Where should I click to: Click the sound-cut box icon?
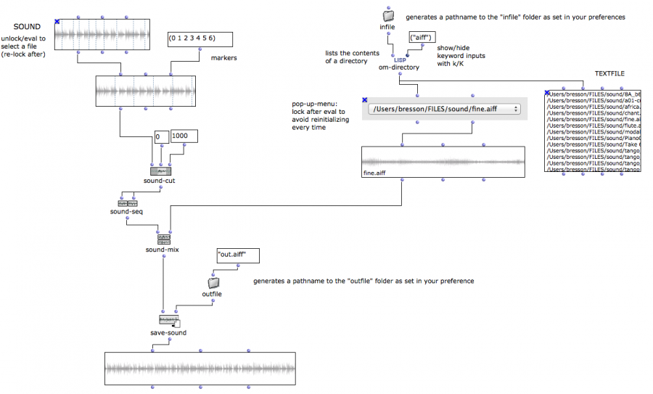161,171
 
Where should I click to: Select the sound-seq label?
126,212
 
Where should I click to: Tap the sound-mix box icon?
163,239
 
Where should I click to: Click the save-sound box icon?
168,321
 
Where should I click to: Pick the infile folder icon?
387,15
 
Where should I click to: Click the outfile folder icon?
213,282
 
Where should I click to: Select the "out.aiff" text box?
237,255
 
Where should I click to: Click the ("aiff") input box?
422,36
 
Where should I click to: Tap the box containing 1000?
184,136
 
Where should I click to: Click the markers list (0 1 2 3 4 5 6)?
200,38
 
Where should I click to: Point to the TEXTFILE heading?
609,73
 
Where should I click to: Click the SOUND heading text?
27,27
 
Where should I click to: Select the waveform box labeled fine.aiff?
443,162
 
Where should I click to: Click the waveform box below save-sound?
200,369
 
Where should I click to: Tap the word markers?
224,58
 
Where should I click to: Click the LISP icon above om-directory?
400,59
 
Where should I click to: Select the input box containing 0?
161,136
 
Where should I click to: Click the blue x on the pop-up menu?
364,100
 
